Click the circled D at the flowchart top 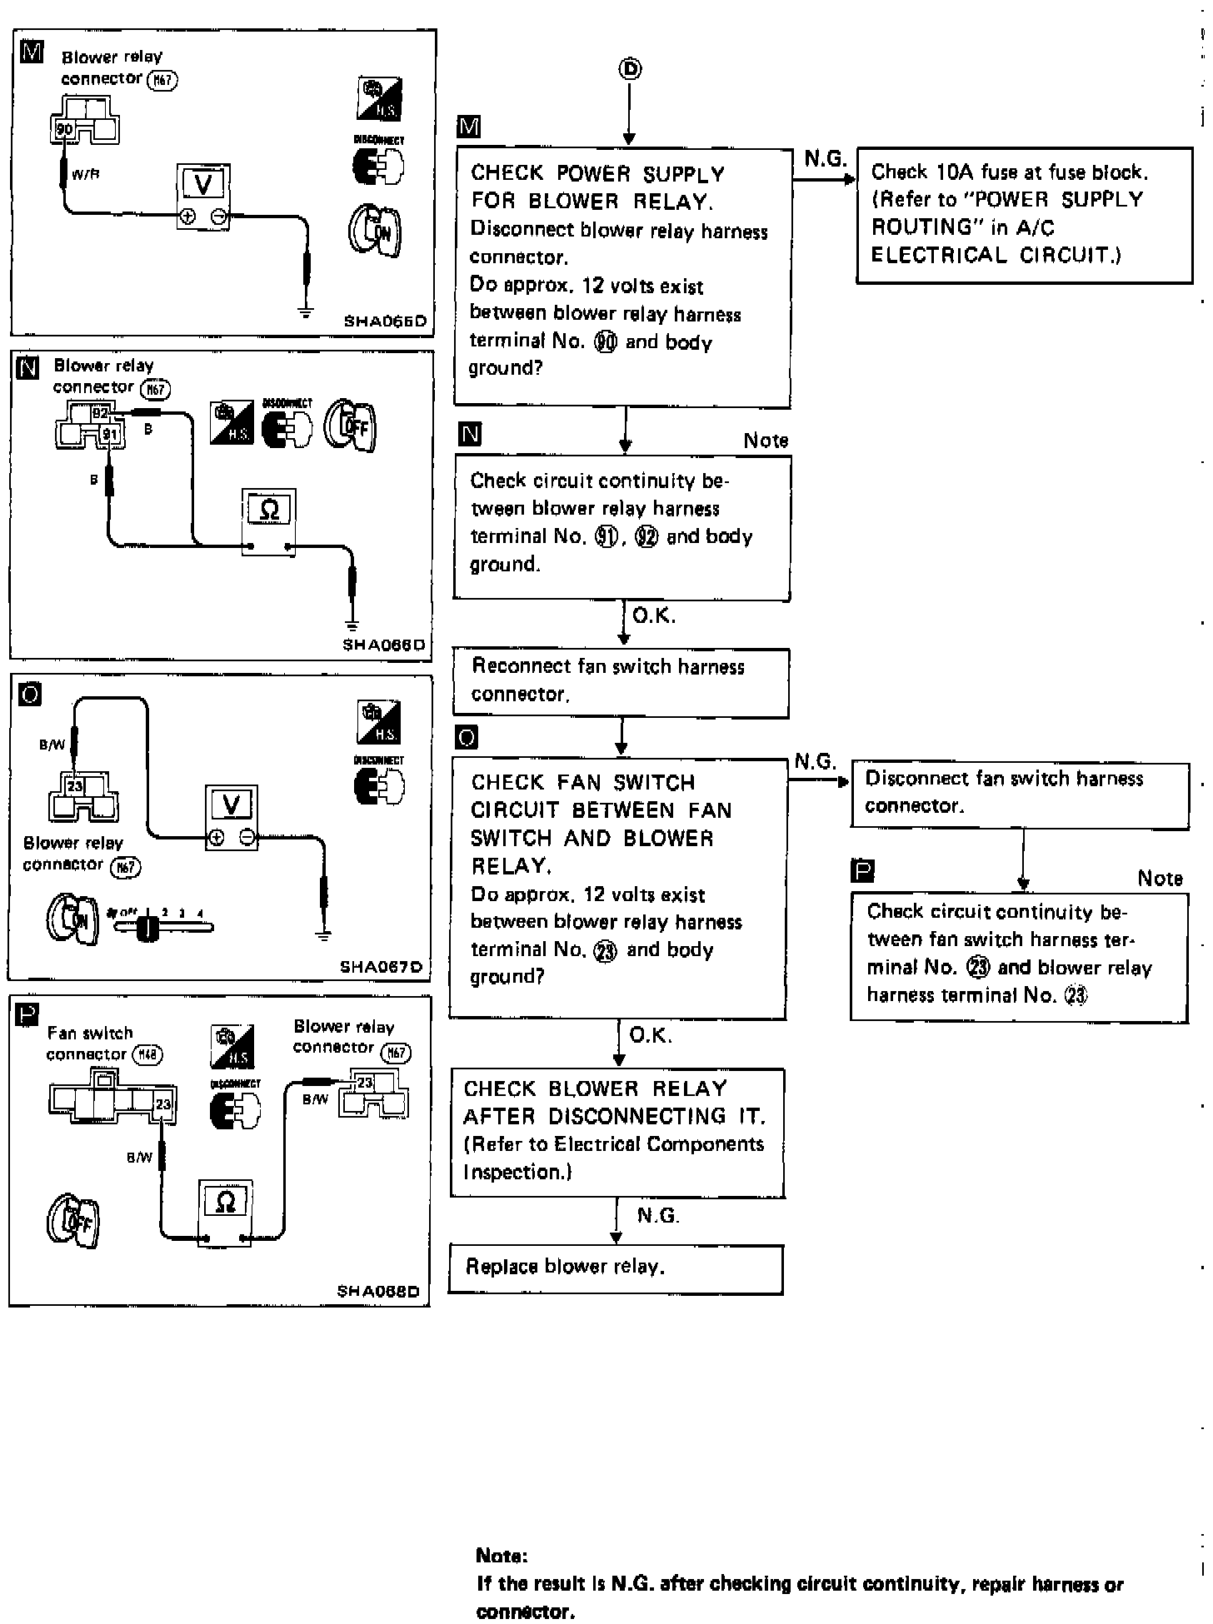pos(630,70)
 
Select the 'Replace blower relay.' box pos(616,1268)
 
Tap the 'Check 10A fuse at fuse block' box pos(1024,215)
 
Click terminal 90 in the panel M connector pos(64,129)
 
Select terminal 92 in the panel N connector pos(100,412)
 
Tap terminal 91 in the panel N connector pos(110,434)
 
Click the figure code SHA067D pos(381,968)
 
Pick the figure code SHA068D pos(378,1292)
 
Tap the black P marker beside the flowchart pos(861,872)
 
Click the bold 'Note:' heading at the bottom pos(502,1556)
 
